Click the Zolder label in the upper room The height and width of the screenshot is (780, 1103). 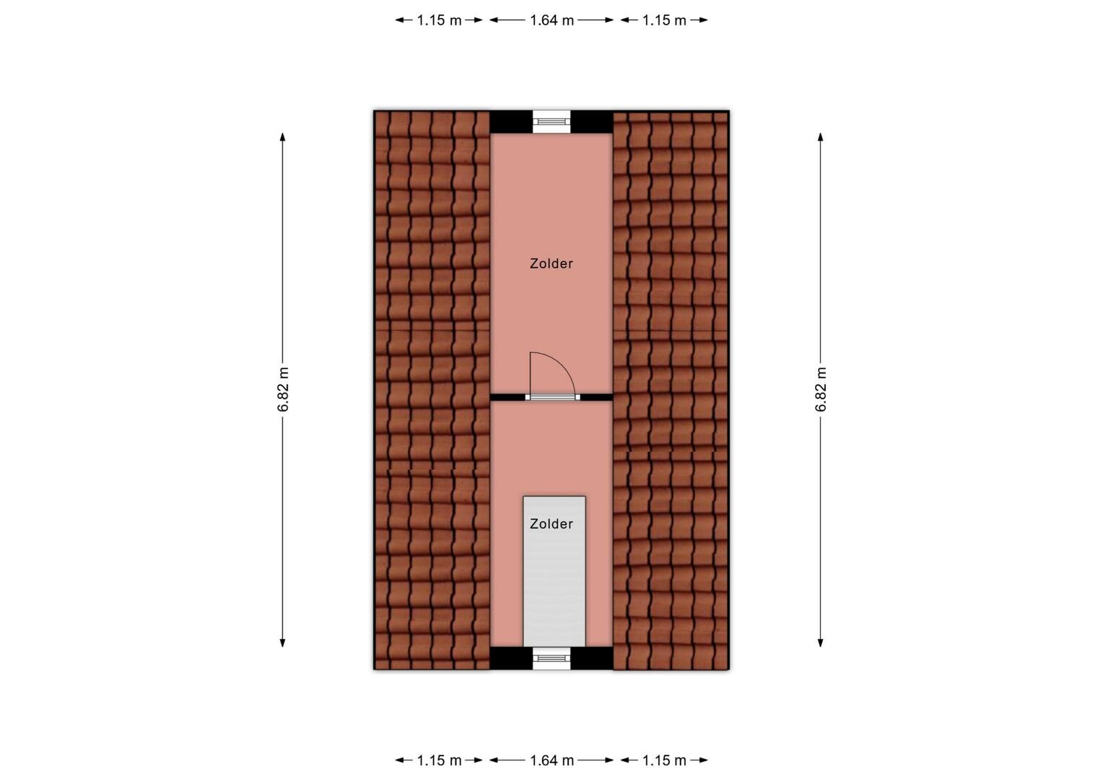coord(551,264)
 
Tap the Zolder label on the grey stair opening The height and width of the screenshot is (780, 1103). coord(551,524)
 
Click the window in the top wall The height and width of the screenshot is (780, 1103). coord(551,122)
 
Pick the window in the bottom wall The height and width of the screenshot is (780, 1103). coord(551,658)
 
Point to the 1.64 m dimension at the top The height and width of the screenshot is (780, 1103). coord(551,20)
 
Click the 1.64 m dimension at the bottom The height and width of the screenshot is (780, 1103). coord(551,760)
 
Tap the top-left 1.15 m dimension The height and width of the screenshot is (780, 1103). coord(439,20)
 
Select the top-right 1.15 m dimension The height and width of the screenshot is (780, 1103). coord(664,20)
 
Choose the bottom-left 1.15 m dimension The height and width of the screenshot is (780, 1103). coord(439,760)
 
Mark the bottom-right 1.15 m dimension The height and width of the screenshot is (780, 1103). coord(664,760)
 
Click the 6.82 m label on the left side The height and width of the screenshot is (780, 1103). coord(283,389)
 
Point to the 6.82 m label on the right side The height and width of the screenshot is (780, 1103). coord(820,389)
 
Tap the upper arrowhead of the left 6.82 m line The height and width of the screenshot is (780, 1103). coord(283,137)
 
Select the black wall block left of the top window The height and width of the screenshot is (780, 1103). coord(511,122)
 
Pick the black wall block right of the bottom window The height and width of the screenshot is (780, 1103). coord(591,658)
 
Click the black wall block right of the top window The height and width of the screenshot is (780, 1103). coord(591,122)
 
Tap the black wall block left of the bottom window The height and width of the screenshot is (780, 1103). coord(511,658)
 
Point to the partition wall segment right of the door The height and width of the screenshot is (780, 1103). coord(596,397)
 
